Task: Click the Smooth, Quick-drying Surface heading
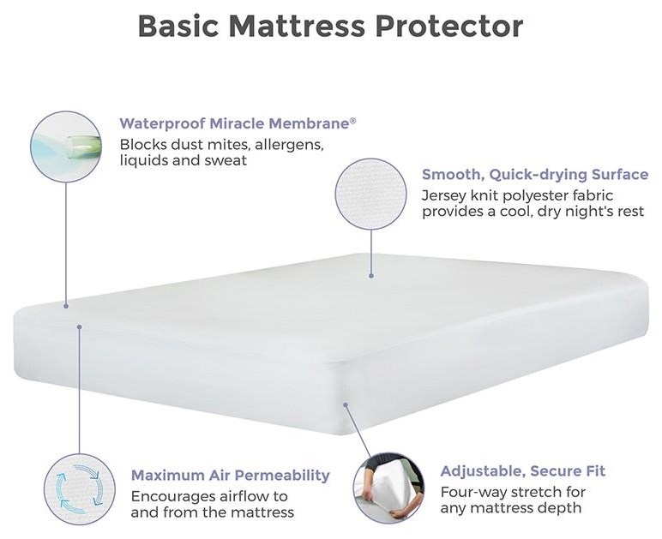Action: pos(534,175)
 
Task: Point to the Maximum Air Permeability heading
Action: pos(230,475)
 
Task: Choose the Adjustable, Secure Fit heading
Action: pos(522,471)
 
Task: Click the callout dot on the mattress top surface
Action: pos(371,275)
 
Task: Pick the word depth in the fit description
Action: pos(561,508)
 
